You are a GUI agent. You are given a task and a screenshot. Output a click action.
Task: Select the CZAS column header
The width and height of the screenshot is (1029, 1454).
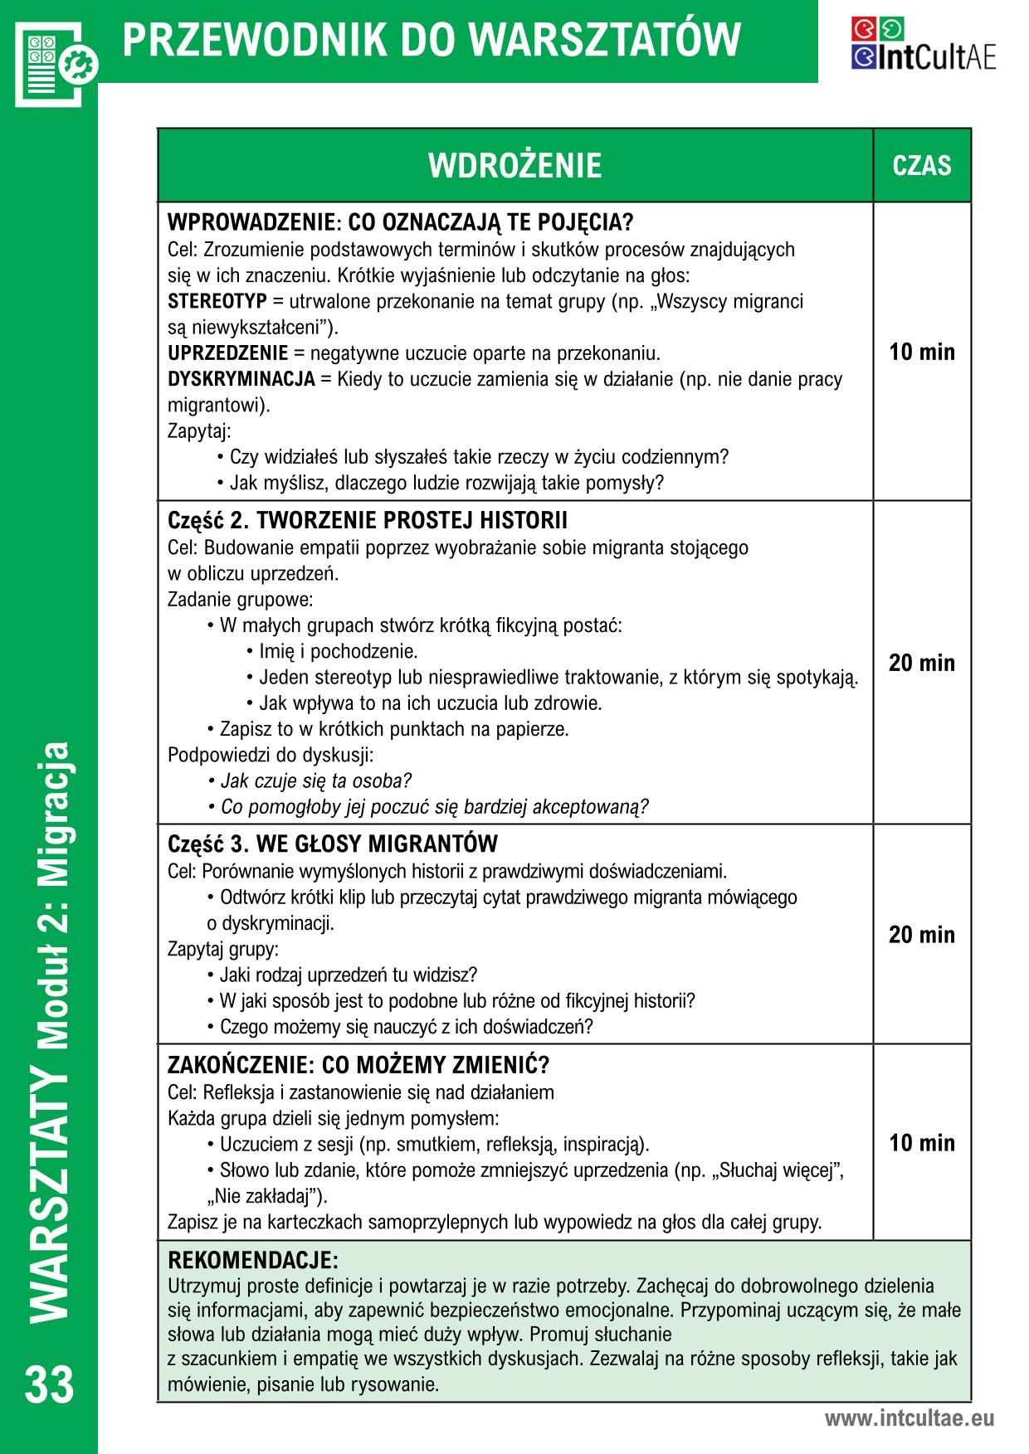pos(921,165)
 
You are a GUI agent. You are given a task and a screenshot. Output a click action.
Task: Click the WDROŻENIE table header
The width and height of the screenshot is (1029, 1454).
pos(514,165)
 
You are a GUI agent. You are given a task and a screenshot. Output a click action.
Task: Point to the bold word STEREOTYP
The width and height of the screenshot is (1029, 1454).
pos(217,301)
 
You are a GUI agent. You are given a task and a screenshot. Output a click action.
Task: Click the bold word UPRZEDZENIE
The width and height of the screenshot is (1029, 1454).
pos(228,353)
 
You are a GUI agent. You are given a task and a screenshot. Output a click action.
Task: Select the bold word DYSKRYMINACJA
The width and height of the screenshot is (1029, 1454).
pos(241,379)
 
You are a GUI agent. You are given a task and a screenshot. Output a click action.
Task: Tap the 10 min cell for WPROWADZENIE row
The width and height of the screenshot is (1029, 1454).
pos(921,352)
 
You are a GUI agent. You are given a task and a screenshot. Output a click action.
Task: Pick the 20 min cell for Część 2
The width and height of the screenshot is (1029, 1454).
pos(921,663)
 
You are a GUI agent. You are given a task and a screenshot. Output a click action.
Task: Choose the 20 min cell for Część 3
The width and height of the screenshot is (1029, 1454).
pos(921,935)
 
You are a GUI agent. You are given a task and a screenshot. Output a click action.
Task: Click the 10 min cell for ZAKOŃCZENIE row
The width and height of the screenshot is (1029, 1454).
pos(921,1143)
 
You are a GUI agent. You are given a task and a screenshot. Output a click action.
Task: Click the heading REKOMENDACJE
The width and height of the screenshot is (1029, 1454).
pos(253,1262)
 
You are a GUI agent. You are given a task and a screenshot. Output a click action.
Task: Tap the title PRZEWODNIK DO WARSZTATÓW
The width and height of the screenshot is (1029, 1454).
pos(432,40)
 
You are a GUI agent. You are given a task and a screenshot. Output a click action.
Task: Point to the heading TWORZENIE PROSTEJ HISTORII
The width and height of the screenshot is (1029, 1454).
pos(412,521)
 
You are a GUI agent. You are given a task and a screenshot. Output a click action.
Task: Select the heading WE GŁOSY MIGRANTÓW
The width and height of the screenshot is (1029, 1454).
pos(377,844)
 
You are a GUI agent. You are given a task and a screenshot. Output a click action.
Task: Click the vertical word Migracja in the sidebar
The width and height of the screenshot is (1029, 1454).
pos(51,814)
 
